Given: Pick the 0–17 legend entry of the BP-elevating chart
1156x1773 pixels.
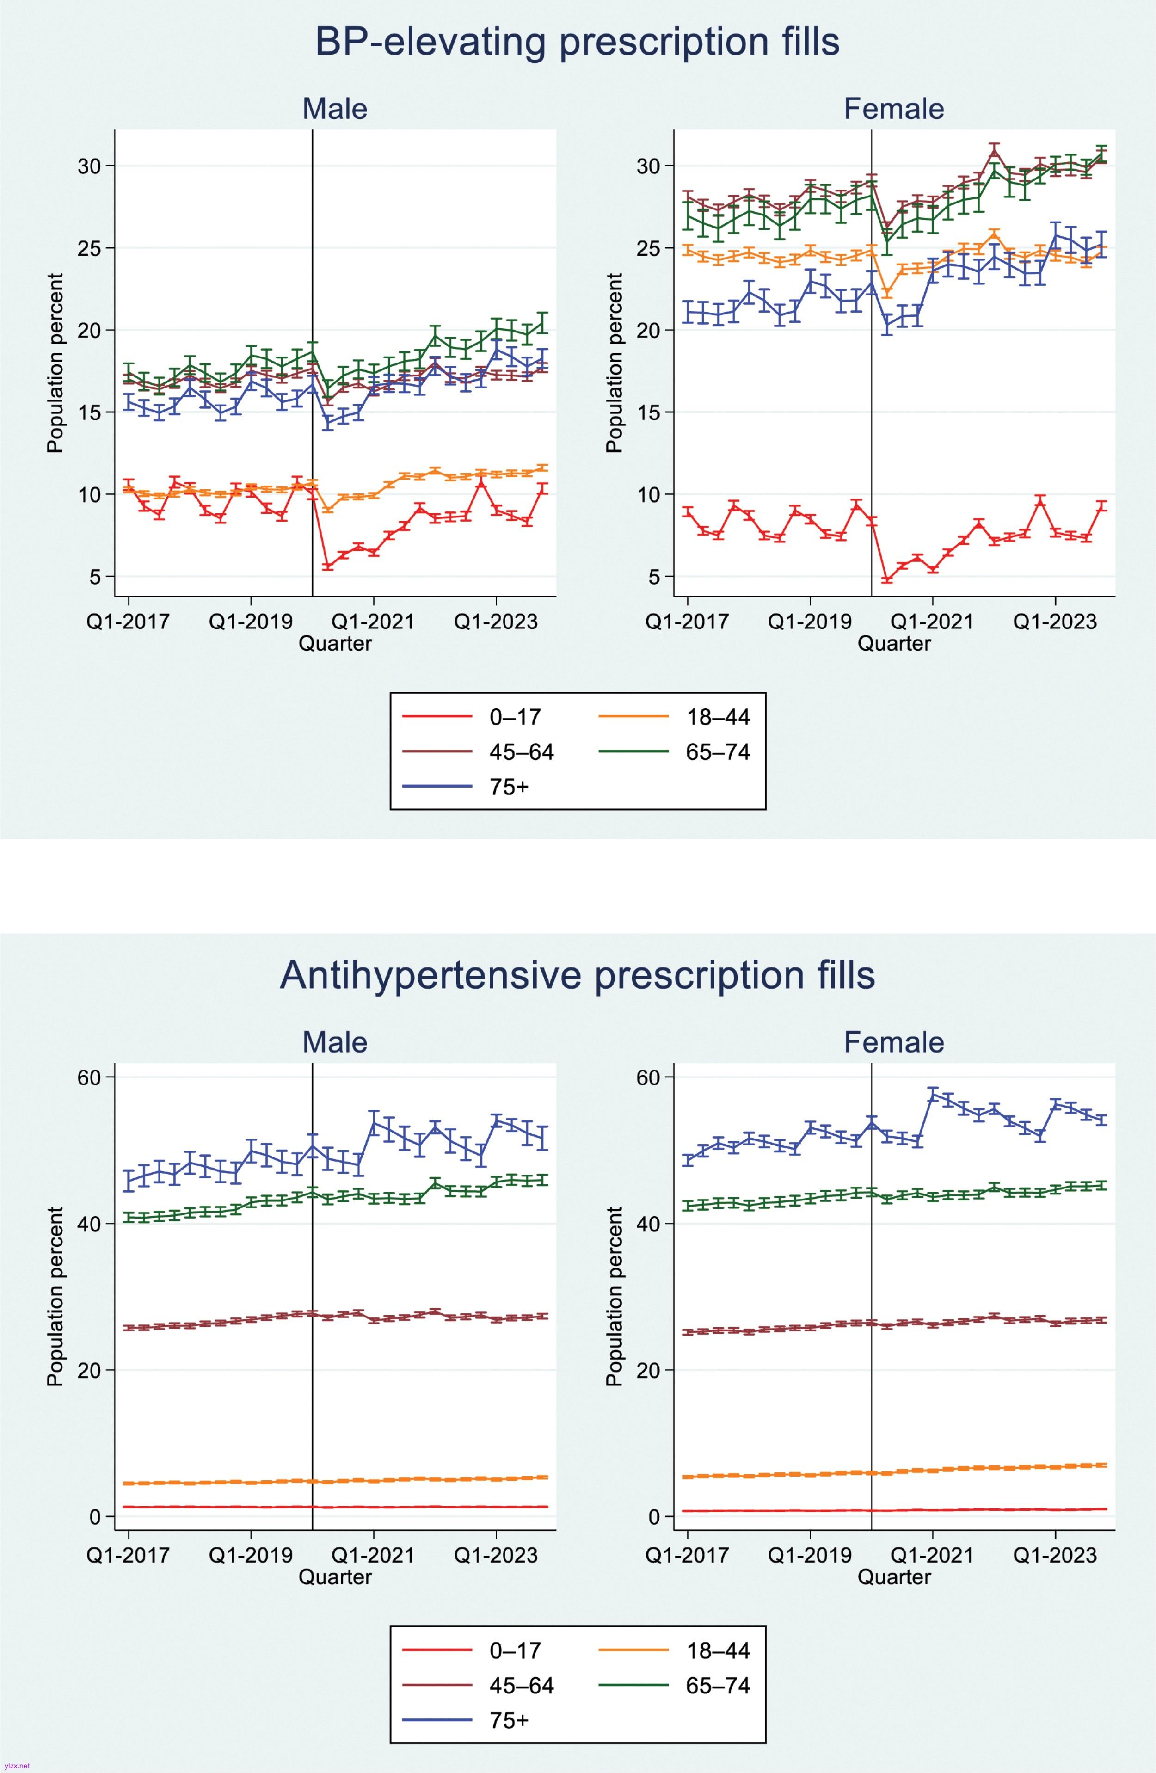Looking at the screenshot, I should [514, 717].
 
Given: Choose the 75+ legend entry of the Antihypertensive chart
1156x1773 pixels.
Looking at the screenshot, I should [509, 1720].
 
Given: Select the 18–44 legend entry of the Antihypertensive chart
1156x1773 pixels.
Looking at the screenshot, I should [717, 1651].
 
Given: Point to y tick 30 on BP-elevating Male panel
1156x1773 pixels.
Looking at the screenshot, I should [89, 166].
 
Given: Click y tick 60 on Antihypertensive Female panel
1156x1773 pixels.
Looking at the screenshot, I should [648, 1077].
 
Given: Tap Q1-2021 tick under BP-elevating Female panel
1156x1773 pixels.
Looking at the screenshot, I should [932, 622].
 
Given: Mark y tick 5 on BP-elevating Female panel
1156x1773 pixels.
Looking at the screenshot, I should [653, 577].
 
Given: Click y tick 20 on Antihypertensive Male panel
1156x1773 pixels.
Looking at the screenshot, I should [89, 1370].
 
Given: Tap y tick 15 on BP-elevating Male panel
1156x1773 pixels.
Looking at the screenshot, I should [89, 412].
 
